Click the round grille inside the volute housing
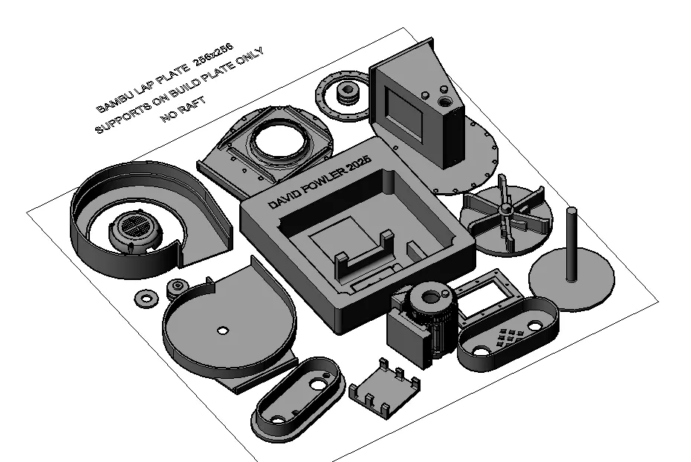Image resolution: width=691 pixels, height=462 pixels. pos(134,226)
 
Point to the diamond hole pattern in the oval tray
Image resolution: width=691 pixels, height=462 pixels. pos(508,337)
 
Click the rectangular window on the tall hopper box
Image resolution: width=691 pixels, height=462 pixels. pos(406,110)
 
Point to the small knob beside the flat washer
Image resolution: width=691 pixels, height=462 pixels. pos(176,287)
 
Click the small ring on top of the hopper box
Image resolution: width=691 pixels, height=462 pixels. pos(444,100)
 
